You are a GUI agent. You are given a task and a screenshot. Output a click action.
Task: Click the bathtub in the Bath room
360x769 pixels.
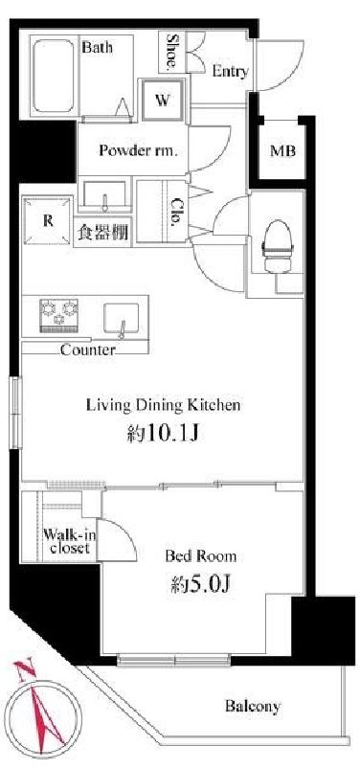point(54,76)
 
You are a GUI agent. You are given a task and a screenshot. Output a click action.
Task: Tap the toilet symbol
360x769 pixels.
point(277,246)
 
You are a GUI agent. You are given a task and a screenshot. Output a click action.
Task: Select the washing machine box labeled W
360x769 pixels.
point(163,101)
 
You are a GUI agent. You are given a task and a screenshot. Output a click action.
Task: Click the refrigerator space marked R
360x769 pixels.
point(48,220)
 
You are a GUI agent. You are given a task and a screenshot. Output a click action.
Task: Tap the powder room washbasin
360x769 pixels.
point(104,194)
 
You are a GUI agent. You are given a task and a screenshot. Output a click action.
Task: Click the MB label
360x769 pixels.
point(283,151)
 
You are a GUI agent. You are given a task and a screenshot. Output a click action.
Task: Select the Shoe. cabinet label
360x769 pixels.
point(172,51)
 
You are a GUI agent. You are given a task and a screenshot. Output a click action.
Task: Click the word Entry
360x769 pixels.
point(230,72)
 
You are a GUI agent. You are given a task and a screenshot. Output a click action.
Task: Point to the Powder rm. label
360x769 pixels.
point(138,150)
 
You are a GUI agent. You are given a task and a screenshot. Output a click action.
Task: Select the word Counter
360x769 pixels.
point(88,351)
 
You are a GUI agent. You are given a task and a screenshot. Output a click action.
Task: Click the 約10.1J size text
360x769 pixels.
point(163,433)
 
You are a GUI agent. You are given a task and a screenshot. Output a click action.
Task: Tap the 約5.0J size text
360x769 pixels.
point(201,583)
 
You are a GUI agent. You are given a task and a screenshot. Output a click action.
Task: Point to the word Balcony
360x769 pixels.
point(253,706)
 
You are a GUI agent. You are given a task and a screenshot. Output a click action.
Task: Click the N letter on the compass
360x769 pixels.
point(23,670)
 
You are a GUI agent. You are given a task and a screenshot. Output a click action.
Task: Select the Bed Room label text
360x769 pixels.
point(201,555)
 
